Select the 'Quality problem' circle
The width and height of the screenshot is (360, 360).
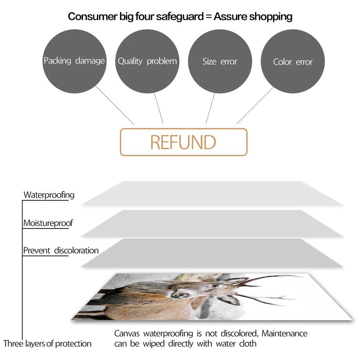[x=147, y=61]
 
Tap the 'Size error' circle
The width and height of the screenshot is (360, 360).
[x=220, y=61]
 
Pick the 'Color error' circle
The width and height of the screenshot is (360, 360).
[x=293, y=62]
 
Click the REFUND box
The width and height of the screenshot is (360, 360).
[x=184, y=142]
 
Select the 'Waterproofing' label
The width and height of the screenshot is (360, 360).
[x=49, y=195]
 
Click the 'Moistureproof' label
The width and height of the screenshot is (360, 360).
[x=48, y=223]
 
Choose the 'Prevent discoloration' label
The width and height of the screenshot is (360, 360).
[x=61, y=250]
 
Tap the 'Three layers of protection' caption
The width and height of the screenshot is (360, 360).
[x=47, y=344]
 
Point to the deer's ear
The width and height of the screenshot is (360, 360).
[x=230, y=300]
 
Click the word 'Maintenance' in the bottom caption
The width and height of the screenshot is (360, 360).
[x=284, y=334]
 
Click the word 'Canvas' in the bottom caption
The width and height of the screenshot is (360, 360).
[x=127, y=334]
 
